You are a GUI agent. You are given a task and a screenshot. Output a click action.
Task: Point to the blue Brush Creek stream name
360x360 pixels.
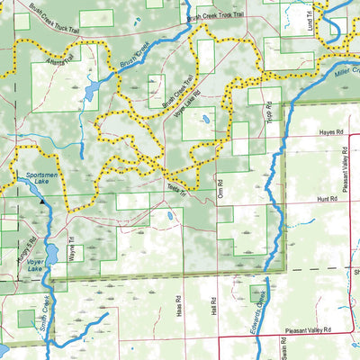(131, 55)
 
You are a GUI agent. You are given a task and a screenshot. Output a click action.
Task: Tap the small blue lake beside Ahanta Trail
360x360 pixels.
(93, 91)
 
